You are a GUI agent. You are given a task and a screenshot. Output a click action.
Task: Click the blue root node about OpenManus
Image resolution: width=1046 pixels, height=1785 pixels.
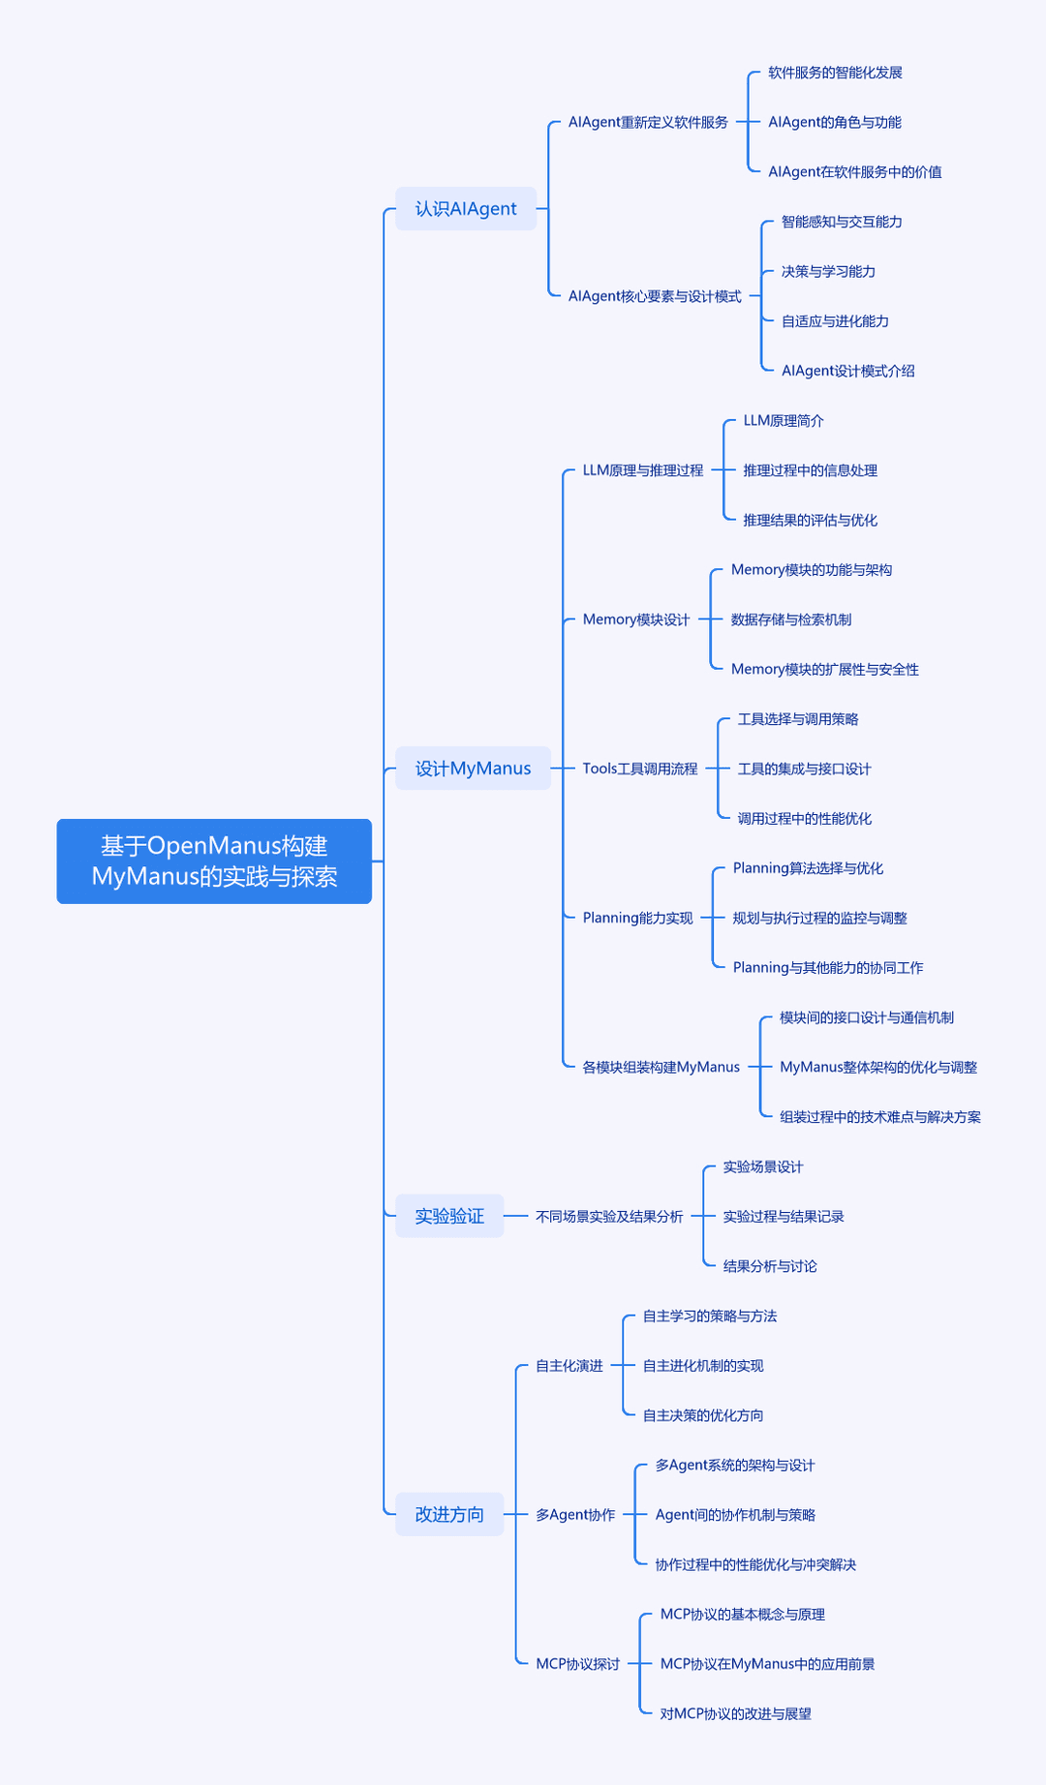click(214, 862)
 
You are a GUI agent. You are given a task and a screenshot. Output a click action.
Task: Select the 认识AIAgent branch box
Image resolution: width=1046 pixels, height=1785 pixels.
click(466, 208)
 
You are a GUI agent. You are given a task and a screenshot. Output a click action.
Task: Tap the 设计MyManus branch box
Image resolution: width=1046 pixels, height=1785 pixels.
click(473, 769)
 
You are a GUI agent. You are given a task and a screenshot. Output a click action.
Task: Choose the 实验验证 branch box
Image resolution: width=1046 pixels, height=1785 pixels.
click(449, 1216)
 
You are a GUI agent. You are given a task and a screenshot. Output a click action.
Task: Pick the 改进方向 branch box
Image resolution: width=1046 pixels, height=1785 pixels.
click(449, 1515)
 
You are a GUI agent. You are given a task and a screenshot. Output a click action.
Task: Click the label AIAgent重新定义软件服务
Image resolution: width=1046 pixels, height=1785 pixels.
click(648, 122)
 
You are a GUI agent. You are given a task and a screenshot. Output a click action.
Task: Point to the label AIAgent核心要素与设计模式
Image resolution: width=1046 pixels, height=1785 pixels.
click(655, 296)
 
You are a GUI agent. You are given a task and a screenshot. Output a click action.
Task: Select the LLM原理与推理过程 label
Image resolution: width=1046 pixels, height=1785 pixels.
click(643, 470)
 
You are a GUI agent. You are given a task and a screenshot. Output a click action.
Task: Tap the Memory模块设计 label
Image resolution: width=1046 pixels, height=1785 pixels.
click(636, 620)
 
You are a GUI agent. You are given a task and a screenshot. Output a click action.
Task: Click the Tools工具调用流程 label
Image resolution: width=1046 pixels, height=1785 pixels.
click(640, 769)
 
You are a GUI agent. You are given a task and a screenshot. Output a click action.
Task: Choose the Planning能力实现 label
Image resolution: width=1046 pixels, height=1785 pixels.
click(638, 918)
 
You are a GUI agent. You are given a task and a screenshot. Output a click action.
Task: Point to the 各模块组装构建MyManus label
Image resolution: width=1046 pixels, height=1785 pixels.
click(661, 1067)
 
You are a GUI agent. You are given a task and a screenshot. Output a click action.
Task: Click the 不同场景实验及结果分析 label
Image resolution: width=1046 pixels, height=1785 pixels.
click(609, 1216)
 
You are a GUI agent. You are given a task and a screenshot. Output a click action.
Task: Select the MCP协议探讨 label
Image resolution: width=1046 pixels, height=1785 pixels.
click(578, 1664)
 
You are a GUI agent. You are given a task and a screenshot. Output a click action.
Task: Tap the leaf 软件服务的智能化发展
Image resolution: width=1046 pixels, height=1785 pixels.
click(835, 73)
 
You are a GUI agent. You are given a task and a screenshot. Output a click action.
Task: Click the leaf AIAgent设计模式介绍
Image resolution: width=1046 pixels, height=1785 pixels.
click(848, 371)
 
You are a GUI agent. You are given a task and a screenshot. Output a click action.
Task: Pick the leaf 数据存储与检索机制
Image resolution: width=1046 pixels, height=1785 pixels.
click(791, 620)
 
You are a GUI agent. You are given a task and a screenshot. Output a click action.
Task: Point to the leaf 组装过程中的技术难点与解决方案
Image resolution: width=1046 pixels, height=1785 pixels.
click(880, 1117)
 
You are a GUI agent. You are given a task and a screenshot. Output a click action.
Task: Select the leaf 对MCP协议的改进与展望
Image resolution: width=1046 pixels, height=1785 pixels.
click(736, 1713)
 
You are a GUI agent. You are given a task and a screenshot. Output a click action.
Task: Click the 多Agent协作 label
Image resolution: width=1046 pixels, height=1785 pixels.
click(575, 1515)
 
